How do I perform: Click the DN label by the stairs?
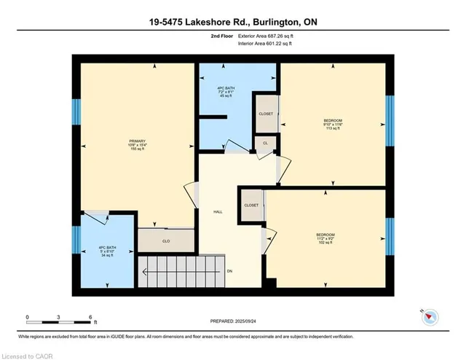(x=230, y=271)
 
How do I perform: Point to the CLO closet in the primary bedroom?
(x=166, y=240)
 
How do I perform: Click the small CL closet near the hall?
(x=265, y=143)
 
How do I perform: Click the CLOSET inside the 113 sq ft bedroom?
(x=266, y=114)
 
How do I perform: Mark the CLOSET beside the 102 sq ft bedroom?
(x=251, y=206)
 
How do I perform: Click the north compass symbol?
(x=430, y=315)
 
